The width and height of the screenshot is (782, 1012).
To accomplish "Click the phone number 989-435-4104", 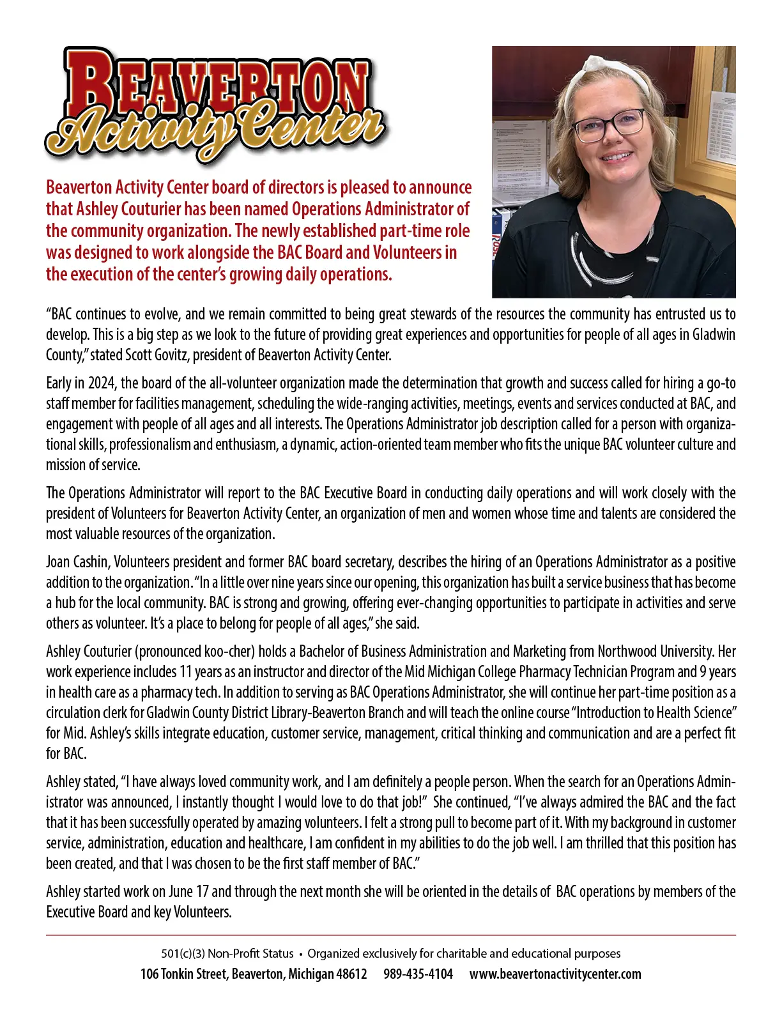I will (418, 974).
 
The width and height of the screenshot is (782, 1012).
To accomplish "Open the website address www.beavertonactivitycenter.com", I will (555, 974).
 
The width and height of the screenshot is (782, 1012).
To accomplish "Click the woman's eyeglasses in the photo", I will (608, 125).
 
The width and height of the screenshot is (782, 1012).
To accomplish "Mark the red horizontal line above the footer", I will (390, 935).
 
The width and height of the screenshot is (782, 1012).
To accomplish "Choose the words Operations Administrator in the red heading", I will (380, 210).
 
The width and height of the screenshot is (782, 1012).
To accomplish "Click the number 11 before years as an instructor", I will (185, 672).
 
